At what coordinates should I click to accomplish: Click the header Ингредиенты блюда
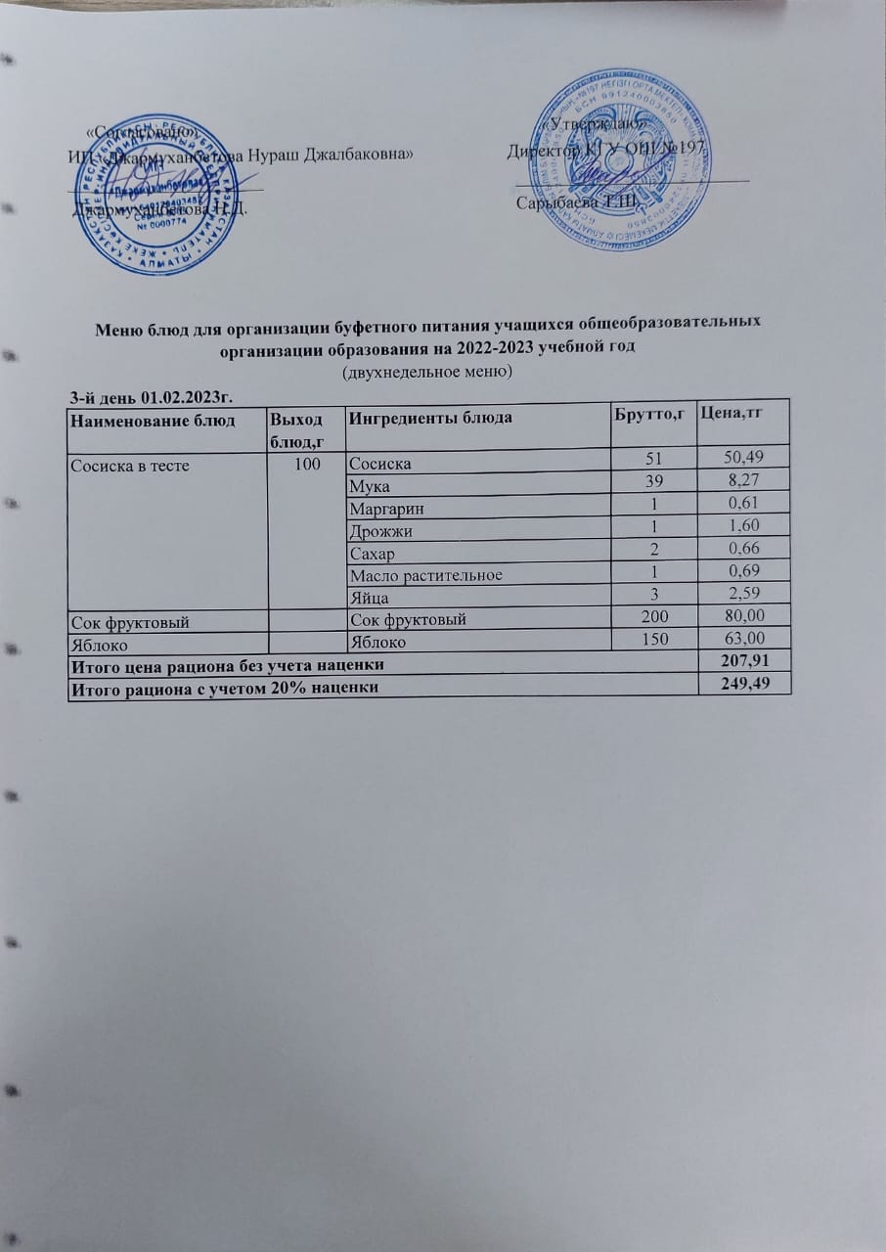[431, 418]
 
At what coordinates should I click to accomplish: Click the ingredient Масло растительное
[425, 574]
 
